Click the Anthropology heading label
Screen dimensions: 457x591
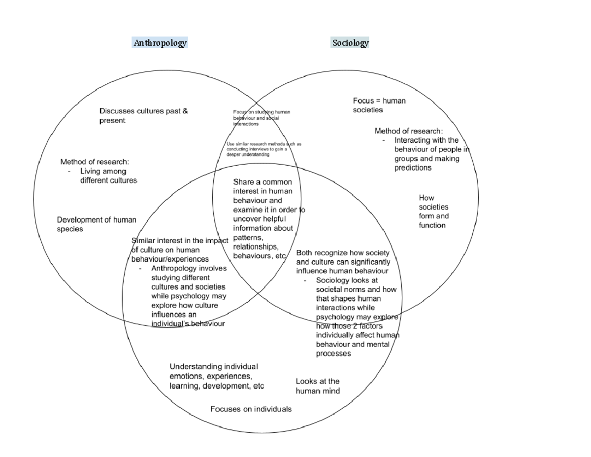point(160,43)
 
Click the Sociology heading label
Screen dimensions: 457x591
point(350,43)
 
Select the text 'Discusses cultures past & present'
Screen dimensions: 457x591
point(143,116)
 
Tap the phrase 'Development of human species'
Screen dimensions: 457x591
point(97,224)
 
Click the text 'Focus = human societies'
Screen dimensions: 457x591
point(379,105)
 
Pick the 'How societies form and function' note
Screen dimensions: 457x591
point(433,211)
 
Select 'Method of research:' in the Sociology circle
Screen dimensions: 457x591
point(408,131)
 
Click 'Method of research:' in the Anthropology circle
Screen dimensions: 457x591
point(95,162)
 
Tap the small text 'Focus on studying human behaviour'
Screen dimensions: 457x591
point(261,112)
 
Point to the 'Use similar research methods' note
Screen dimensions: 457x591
point(263,144)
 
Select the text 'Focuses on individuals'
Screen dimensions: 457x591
point(251,409)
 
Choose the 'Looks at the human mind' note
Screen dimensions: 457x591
point(318,386)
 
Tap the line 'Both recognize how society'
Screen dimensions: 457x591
point(343,252)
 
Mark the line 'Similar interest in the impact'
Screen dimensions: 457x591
point(180,241)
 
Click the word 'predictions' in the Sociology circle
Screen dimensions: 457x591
point(413,168)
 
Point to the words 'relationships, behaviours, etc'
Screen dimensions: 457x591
point(259,251)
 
